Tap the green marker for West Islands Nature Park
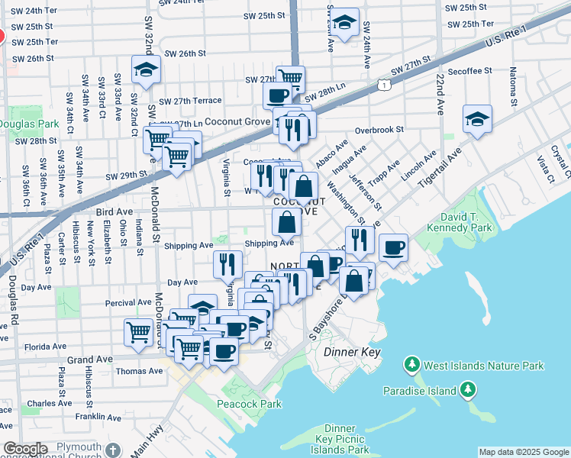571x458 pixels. click(x=413, y=365)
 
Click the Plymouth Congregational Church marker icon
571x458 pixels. click(x=113, y=450)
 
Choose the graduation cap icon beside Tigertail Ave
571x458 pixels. click(x=477, y=119)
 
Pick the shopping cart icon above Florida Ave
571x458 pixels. click(x=138, y=332)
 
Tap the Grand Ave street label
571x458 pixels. click(x=90, y=359)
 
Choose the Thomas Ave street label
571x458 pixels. click(x=139, y=372)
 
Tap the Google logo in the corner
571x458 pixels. click(x=25, y=450)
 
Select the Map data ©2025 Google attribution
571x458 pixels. click(x=524, y=452)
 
